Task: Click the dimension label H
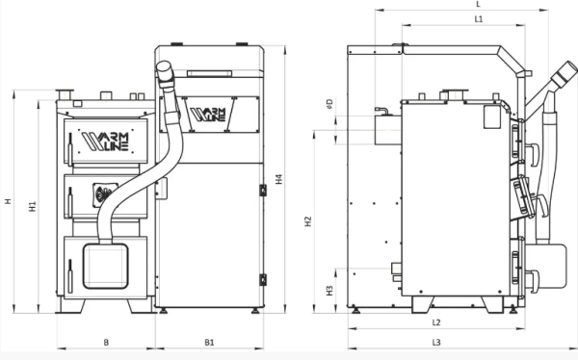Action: coord(8,201)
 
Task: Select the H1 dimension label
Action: coord(32,206)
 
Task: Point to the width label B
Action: coord(106,342)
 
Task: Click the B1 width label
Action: coord(209,342)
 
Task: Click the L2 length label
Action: coord(435,322)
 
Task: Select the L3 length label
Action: coord(435,342)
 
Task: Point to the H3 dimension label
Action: coord(329,289)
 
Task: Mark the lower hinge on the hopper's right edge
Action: coord(261,279)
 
